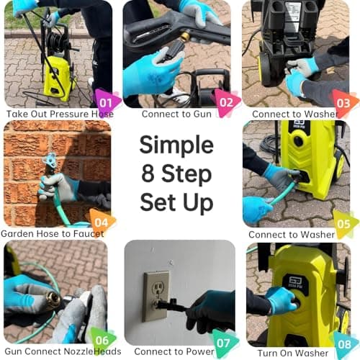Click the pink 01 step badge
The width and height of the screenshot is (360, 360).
point(107,102)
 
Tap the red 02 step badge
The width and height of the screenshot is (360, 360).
point(226,102)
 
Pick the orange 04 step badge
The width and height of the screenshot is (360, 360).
point(102,221)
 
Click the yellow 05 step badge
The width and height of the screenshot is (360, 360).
point(345,222)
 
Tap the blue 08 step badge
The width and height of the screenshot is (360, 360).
point(345,343)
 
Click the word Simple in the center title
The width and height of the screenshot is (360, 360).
point(176,144)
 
